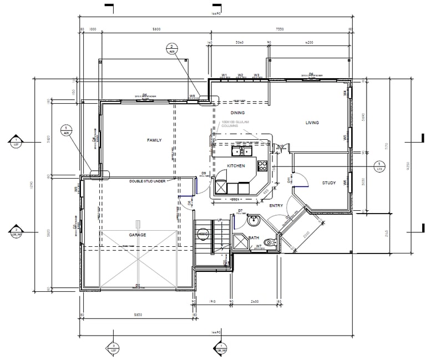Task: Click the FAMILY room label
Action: tap(154, 140)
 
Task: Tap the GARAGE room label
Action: tap(138, 235)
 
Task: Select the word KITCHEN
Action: tap(236, 166)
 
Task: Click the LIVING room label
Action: tap(312, 123)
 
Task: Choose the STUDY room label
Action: tap(329, 182)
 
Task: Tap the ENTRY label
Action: tap(276, 206)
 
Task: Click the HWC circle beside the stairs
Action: tap(202, 235)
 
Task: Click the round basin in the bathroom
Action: tap(255, 221)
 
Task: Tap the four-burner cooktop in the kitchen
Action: tap(263, 165)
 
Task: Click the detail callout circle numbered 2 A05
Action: tap(172, 49)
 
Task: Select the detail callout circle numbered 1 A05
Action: tap(66, 131)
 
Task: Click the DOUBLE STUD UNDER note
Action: tap(148, 181)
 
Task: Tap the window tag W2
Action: tap(241, 75)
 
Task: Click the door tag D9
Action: tap(204, 174)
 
